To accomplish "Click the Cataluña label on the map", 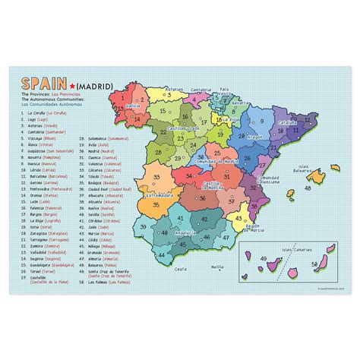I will [x=288, y=121].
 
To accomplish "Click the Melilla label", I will [x=218, y=267].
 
